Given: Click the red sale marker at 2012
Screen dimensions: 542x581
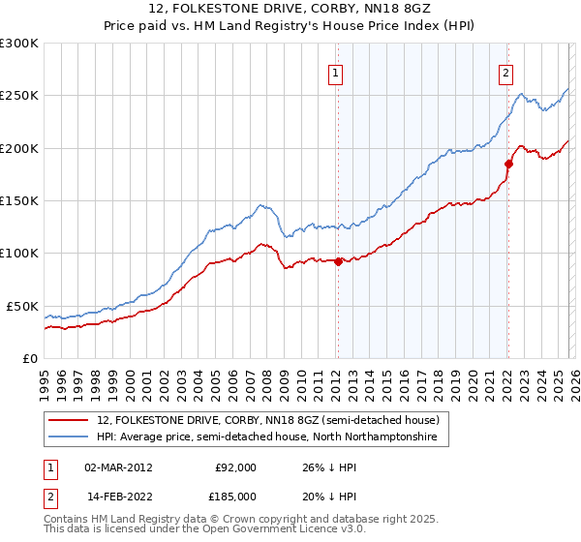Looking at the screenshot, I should tap(338, 260).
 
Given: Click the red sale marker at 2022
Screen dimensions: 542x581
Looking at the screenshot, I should tap(508, 164).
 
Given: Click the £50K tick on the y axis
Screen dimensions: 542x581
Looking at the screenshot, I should tap(22, 306).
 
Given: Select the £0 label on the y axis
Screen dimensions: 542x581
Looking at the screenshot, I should tap(30, 358).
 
